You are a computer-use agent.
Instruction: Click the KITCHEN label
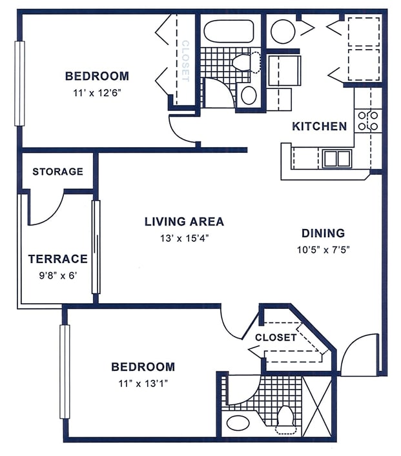319,126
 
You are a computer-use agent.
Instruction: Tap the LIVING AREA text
184,222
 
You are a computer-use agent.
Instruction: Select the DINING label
323,233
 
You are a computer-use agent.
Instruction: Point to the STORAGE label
57,172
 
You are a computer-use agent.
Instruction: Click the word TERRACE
57,259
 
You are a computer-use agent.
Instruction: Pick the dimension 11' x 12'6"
97,92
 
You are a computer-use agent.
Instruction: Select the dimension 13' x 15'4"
184,238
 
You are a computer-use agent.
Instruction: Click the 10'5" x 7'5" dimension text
323,248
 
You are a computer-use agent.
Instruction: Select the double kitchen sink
337,158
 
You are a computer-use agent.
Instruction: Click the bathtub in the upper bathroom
229,31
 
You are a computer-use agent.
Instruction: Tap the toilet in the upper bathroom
243,63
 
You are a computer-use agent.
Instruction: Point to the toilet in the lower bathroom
285,416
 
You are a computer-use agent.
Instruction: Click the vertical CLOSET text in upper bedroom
185,61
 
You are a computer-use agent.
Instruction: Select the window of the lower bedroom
64,372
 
